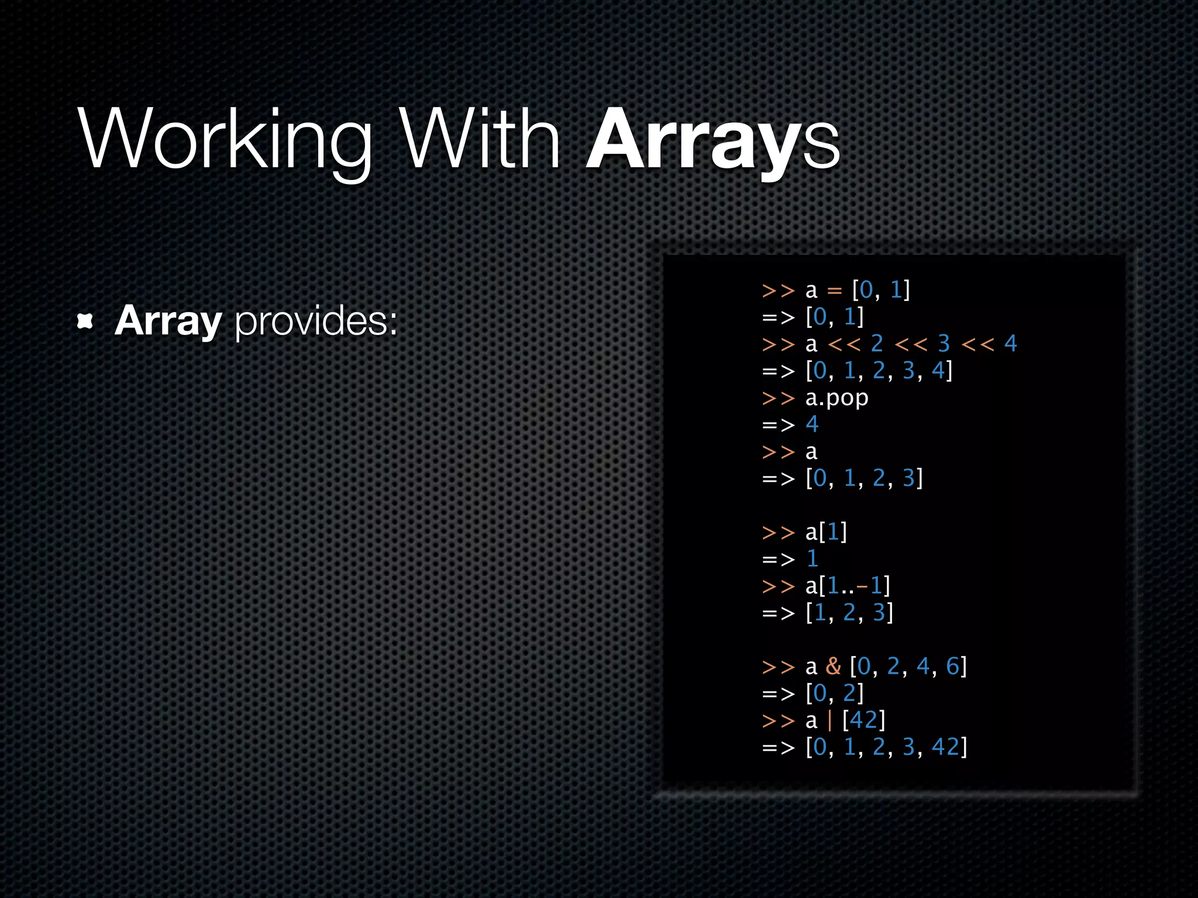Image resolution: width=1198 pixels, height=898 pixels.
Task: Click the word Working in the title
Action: click(225, 140)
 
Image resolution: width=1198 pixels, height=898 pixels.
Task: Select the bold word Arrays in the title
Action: click(712, 140)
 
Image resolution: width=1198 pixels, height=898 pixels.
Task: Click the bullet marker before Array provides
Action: click(85, 321)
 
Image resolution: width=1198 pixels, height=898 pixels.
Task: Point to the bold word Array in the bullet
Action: click(168, 321)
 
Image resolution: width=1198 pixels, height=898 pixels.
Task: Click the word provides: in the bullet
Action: click(316, 321)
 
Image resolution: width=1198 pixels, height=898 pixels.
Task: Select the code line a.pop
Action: click(836, 398)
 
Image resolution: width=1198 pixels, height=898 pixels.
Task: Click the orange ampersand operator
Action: click(833, 666)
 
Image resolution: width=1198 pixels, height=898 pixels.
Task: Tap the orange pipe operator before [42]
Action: click(829, 720)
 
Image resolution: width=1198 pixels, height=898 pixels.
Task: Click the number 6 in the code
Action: click(952, 666)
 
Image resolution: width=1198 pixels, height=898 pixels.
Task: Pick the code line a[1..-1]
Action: click(847, 586)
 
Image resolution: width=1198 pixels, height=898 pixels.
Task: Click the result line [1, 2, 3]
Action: click(849, 613)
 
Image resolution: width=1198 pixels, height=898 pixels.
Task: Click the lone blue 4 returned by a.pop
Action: click(812, 424)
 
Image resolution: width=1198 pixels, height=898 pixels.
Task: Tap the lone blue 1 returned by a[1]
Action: click(812, 559)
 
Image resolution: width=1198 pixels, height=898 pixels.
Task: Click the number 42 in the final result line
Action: click(945, 747)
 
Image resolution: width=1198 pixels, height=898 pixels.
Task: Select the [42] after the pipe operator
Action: click(863, 720)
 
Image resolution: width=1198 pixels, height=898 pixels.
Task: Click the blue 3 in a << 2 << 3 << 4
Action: click(944, 344)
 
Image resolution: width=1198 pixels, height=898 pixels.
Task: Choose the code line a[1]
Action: click(826, 532)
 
